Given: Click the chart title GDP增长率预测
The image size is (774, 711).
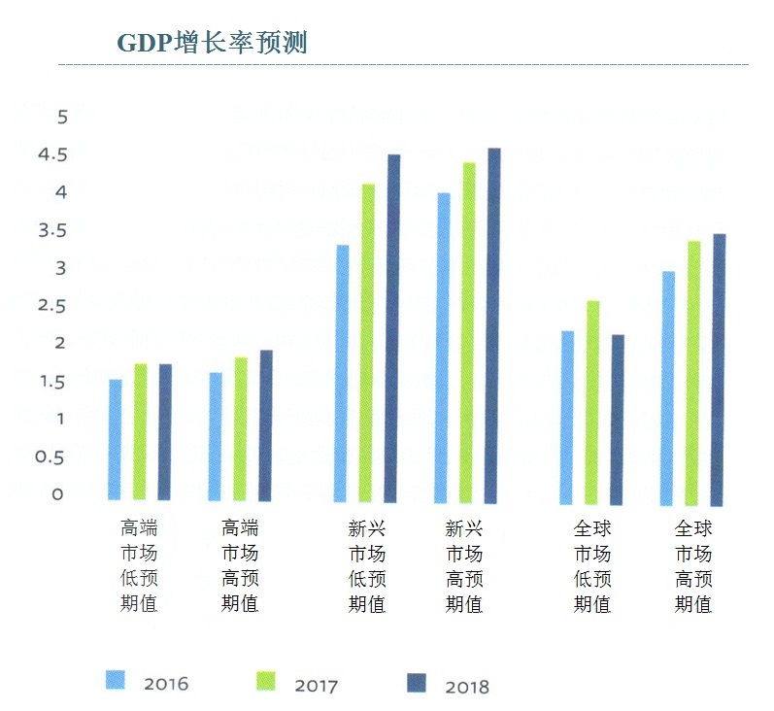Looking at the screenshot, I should tap(212, 43).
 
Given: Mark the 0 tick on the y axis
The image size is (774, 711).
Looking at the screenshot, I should tap(58, 494).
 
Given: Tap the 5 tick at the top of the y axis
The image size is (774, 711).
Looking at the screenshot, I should tap(63, 118).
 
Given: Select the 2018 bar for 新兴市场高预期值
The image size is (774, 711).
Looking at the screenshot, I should tap(492, 325).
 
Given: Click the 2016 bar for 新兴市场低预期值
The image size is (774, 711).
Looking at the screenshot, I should tap(342, 373).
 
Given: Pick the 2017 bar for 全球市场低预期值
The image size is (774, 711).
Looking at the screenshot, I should tap(592, 402).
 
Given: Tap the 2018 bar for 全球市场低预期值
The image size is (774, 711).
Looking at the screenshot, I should tap(618, 420).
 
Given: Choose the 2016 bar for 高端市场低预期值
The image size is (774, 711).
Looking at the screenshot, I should tap(116, 439).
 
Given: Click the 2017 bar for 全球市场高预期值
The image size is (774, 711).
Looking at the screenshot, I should tap(693, 373).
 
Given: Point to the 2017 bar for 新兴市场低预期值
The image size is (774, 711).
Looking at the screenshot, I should tap(368, 343).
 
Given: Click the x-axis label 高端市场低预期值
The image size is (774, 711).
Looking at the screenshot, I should tap(139, 566).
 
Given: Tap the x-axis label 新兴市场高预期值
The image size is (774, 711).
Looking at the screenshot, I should tap(464, 566).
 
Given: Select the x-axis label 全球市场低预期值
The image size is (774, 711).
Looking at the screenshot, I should tap(592, 566).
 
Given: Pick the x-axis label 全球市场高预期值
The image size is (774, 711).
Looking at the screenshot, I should tap(693, 566).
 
